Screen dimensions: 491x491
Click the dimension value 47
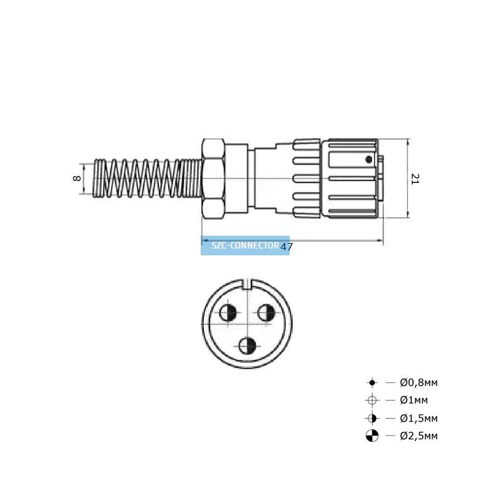(286, 247)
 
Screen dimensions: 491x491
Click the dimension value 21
(415, 179)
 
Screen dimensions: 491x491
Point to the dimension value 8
(77, 179)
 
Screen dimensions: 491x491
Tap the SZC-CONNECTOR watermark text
(245, 245)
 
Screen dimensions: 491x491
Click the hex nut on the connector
(213, 179)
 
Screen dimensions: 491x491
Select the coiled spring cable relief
(148, 179)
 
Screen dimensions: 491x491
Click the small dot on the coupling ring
(369, 160)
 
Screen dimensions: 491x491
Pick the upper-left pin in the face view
(228, 313)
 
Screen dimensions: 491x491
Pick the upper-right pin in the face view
(266, 313)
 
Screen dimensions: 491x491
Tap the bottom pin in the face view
(247, 346)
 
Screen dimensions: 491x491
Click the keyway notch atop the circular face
(247, 284)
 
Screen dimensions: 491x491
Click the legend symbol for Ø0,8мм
(372, 382)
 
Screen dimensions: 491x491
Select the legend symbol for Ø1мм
(372, 400)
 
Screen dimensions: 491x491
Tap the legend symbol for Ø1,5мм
(372, 418)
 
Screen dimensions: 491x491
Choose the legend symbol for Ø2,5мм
(372, 436)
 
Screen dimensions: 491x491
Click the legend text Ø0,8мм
(419, 382)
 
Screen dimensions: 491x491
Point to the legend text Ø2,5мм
(419, 436)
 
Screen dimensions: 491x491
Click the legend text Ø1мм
(414, 400)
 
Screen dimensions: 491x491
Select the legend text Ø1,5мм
(419, 419)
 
